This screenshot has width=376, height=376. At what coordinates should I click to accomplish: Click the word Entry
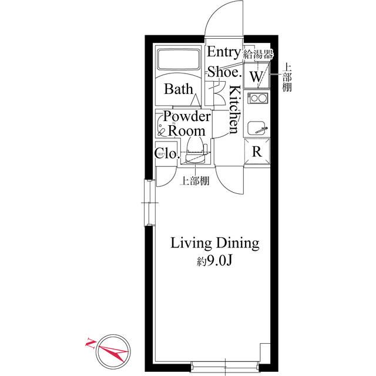click(x=224, y=53)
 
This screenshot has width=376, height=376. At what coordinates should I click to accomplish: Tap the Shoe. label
click(x=224, y=72)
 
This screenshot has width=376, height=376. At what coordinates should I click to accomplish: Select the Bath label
click(x=178, y=89)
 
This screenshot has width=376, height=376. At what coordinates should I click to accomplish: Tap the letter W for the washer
click(x=256, y=76)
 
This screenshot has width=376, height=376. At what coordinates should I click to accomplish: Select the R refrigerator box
click(x=257, y=152)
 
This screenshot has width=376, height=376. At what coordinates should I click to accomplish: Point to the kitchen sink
click(x=257, y=127)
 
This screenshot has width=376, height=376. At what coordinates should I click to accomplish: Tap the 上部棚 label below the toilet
click(x=194, y=182)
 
